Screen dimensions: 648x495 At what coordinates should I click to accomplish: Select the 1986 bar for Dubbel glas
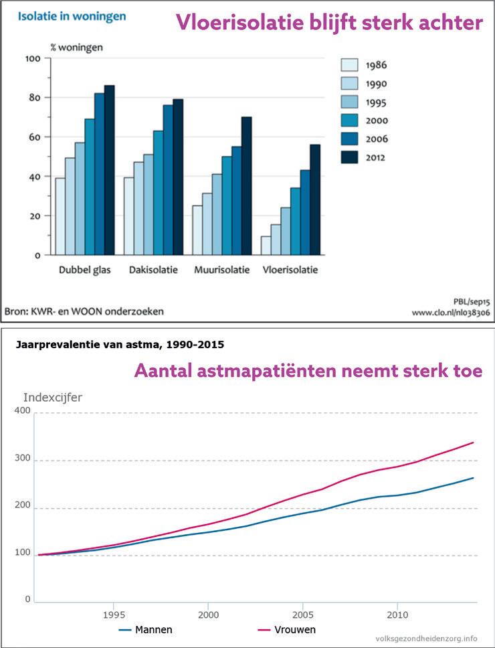(60, 216)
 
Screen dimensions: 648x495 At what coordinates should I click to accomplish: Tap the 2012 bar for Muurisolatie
(246, 185)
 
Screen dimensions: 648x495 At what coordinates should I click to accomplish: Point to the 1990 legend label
(377, 84)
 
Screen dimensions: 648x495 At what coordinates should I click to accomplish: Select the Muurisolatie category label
(221, 270)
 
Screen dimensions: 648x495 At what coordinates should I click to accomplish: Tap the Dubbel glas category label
(84, 270)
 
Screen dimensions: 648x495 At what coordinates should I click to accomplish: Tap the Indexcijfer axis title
(53, 397)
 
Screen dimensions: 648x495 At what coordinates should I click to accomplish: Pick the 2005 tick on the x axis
(303, 614)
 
